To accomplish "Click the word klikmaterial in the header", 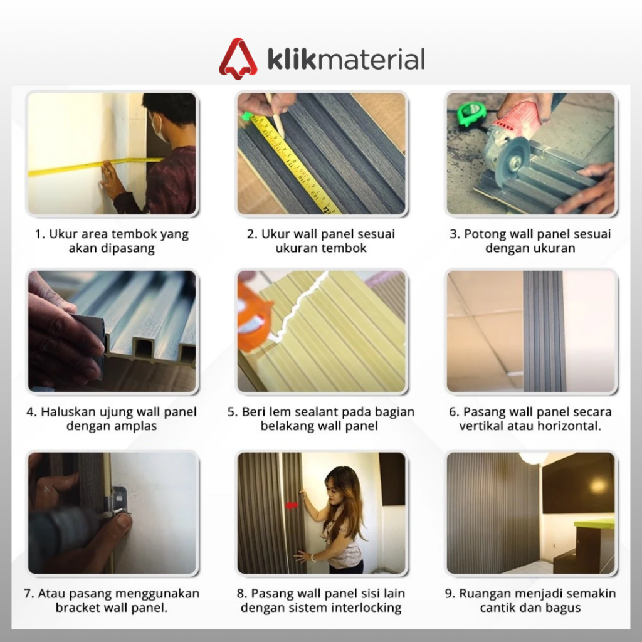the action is pyautogui.click(x=346, y=60).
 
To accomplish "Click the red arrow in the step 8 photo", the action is pyautogui.click(x=291, y=506).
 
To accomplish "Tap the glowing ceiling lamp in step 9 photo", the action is pyautogui.click(x=533, y=457).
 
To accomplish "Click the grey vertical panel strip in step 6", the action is pyautogui.click(x=544, y=331).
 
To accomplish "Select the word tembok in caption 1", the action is pyautogui.click(x=134, y=234).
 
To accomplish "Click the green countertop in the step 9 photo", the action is pyautogui.click(x=594, y=524).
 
